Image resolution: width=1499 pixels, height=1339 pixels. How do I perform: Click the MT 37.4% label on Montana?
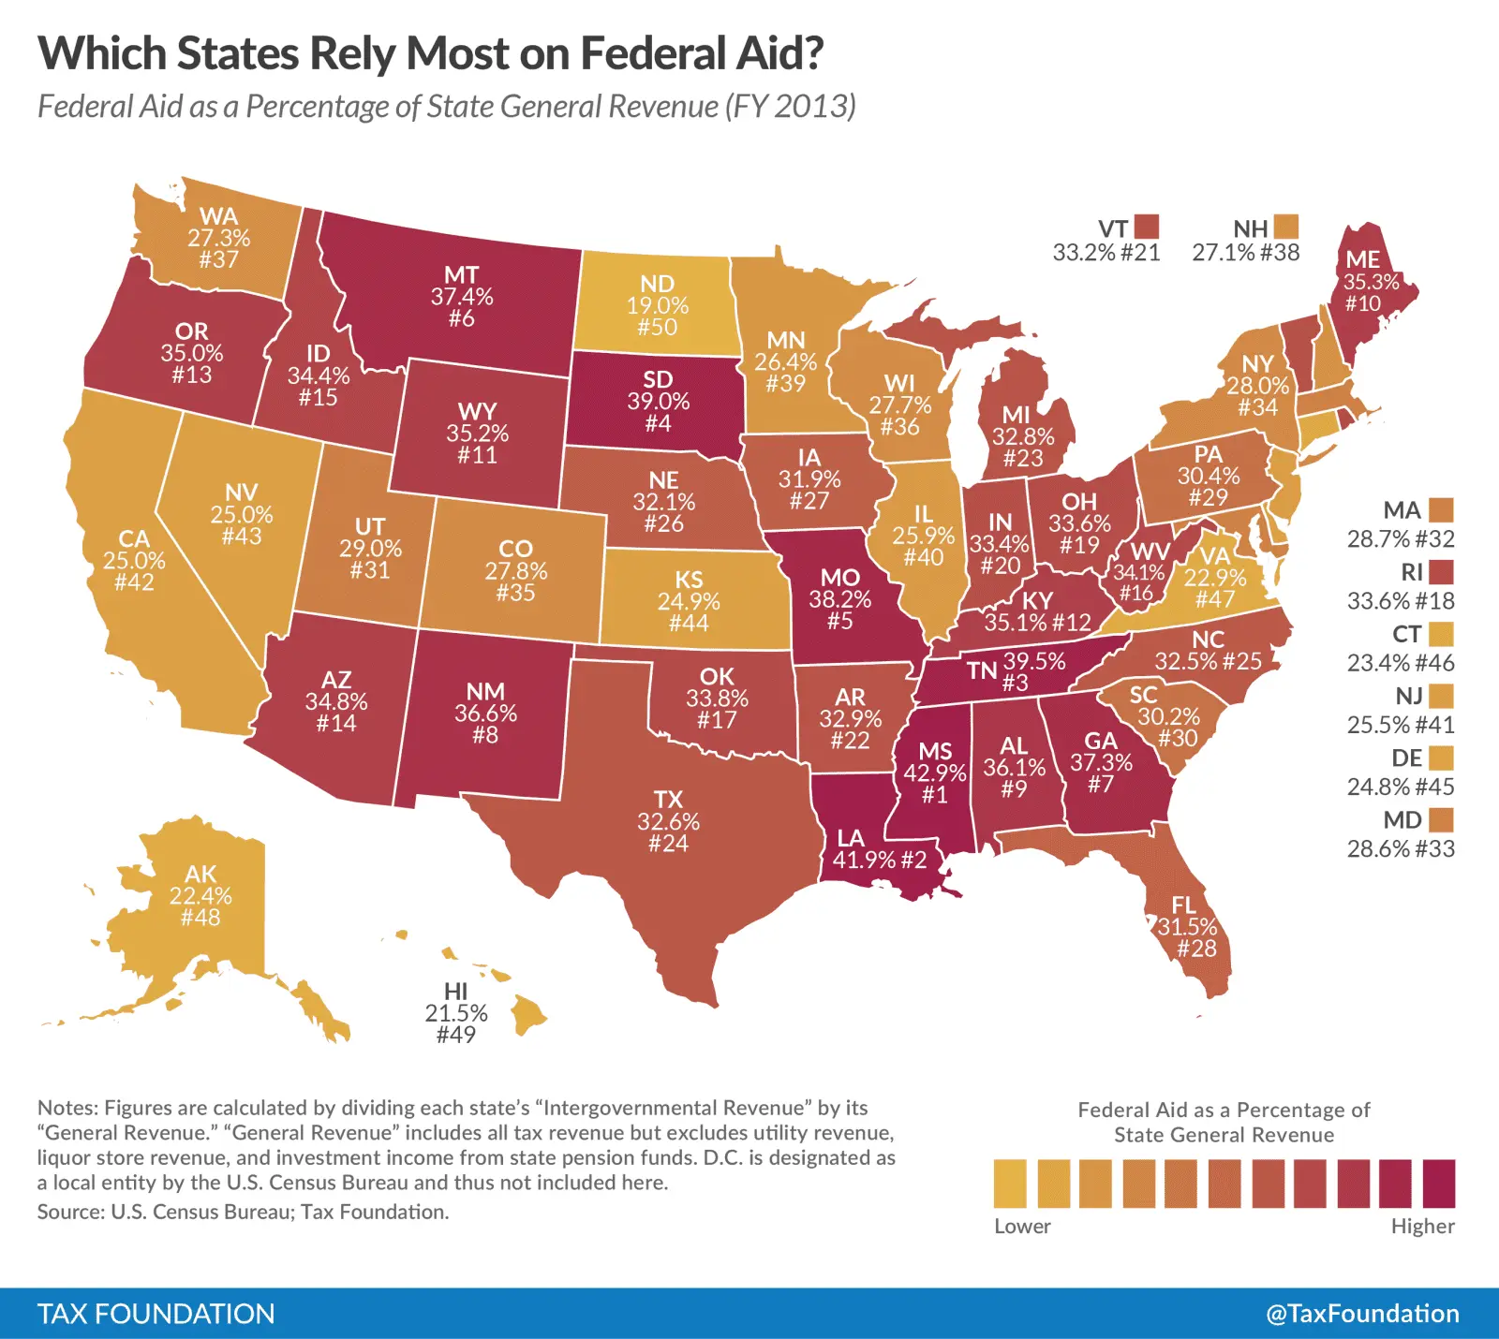point(462,297)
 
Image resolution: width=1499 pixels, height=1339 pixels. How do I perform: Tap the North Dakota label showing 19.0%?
point(658,305)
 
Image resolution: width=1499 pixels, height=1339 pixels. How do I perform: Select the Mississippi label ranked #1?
point(935,772)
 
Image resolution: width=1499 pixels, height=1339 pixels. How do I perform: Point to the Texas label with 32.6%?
point(668,821)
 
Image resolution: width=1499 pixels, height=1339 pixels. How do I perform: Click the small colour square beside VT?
point(1147,227)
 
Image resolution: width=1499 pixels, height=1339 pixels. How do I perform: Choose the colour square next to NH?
point(1286,227)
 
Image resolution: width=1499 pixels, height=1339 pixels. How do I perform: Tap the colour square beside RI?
point(1441,572)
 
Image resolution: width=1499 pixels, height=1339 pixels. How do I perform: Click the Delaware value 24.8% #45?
point(1401,787)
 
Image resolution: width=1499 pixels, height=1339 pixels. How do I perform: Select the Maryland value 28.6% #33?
point(1401,848)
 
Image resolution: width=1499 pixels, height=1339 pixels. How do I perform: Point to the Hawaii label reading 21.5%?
point(456,1013)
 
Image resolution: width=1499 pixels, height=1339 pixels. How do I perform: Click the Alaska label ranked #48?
point(200,896)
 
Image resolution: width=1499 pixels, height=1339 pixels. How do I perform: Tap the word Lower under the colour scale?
point(1022,1226)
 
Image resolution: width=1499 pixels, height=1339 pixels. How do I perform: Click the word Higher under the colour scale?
point(1422,1226)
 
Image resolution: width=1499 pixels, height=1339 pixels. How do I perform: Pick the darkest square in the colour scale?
point(1439,1184)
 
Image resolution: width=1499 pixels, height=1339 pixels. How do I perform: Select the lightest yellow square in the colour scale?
point(1010,1184)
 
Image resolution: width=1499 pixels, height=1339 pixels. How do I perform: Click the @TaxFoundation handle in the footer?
point(1362,1314)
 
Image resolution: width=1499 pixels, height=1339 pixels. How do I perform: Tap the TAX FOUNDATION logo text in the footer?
point(156,1314)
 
